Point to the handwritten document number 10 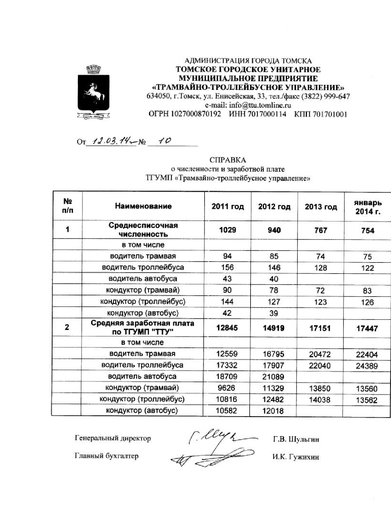164,141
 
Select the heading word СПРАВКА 228,160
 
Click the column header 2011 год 228,207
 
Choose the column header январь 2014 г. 368,207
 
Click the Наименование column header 143,206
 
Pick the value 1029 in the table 228,230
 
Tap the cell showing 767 321,230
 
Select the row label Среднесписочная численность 143,230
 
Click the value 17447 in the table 367,328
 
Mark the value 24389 367,366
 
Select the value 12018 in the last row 273,411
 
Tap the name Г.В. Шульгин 296,439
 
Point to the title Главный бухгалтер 107,456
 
